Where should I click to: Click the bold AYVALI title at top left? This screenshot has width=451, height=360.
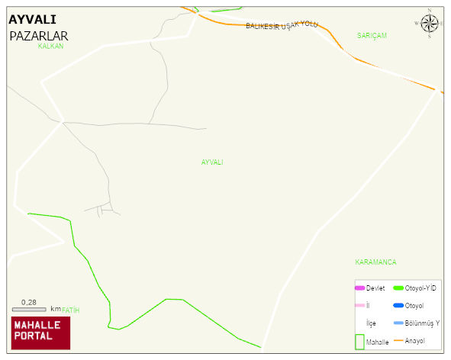click(x=32, y=20)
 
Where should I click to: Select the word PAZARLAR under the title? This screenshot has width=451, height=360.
click(x=39, y=36)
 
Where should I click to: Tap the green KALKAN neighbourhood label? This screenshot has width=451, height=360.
click(x=50, y=47)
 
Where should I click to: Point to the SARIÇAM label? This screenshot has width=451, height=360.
click(x=372, y=36)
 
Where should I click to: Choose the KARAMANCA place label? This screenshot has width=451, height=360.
click(x=375, y=262)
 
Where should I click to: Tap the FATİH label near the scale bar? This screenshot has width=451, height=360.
click(x=70, y=310)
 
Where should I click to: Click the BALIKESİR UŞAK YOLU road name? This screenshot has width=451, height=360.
click(x=281, y=26)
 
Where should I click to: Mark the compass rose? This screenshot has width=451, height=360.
click(x=430, y=23)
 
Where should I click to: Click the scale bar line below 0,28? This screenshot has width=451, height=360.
click(x=29, y=309)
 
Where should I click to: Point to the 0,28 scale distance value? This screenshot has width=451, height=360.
click(x=29, y=302)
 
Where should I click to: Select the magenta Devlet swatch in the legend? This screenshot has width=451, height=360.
click(x=360, y=288)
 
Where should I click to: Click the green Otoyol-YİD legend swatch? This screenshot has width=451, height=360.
click(x=398, y=288)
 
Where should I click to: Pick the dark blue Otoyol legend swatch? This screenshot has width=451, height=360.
click(x=398, y=305)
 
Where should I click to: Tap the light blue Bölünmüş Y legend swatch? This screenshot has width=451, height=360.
click(x=398, y=323)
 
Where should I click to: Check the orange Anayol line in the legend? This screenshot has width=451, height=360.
click(x=398, y=340)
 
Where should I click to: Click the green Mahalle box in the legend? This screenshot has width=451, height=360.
click(x=360, y=342)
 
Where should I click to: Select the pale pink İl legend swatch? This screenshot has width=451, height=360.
click(x=360, y=305)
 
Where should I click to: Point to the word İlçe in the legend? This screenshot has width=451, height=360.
click(x=371, y=323)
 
